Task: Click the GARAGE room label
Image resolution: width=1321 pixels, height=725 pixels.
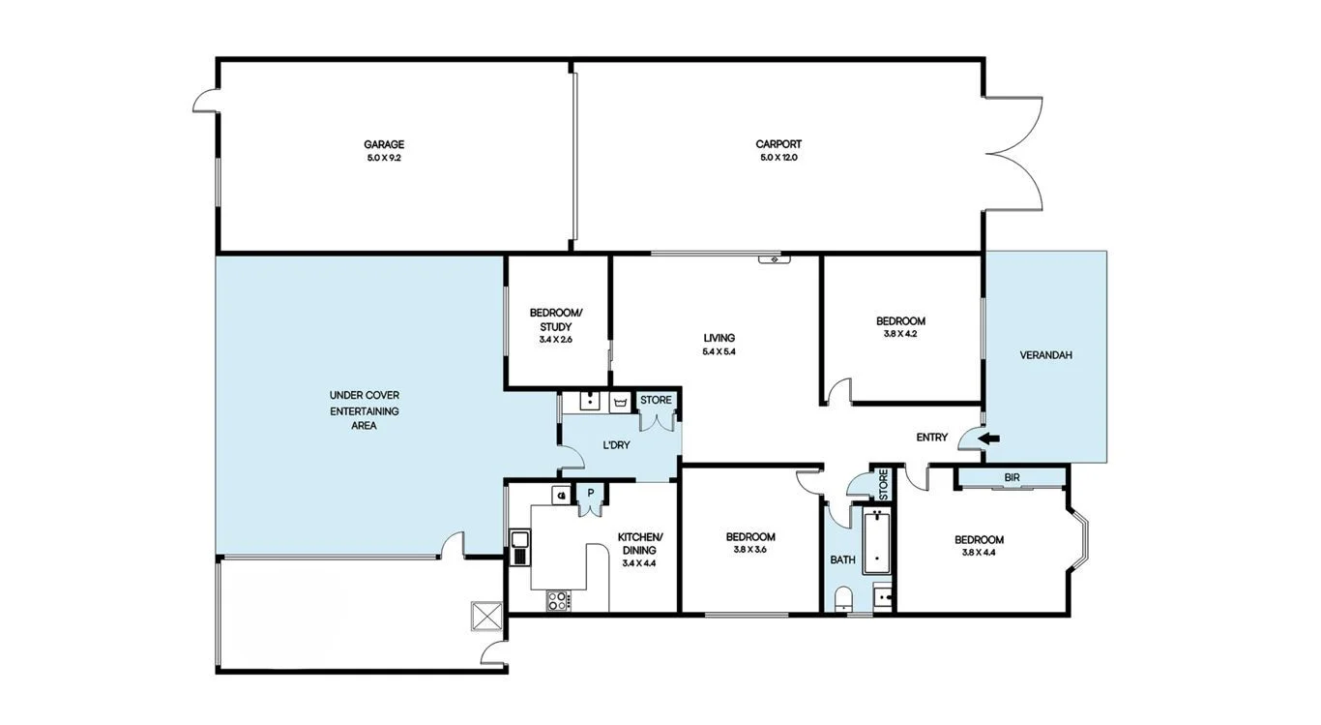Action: [x=384, y=144]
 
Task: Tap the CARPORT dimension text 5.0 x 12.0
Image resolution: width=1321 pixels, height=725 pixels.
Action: [x=778, y=157]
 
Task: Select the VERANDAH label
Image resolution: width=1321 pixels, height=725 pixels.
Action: [x=1045, y=355]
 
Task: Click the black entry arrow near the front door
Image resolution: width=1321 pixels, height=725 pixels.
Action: [x=988, y=438]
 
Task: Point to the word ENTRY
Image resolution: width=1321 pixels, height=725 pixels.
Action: [x=931, y=438]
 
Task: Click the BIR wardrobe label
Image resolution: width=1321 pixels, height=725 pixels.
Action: [x=1012, y=477]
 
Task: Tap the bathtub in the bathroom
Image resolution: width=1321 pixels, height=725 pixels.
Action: [x=878, y=542]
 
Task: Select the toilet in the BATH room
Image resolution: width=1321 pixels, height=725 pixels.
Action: [x=842, y=597]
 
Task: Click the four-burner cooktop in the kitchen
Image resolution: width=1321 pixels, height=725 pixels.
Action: [x=559, y=600]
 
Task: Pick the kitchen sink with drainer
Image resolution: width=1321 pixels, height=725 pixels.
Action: [x=520, y=547]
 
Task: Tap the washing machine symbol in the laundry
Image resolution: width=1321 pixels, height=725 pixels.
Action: [x=620, y=401]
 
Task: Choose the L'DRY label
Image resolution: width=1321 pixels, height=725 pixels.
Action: [x=617, y=445]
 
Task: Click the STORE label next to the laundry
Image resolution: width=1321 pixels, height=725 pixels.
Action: [x=655, y=400]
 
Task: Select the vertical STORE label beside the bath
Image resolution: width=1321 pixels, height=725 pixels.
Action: [x=883, y=483]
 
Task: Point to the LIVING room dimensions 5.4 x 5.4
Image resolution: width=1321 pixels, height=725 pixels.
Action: [x=719, y=351]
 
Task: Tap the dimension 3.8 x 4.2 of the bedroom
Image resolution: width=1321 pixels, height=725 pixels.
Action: [x=899, y=334]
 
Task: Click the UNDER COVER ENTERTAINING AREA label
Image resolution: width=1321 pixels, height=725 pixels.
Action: [x=364, y=409]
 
